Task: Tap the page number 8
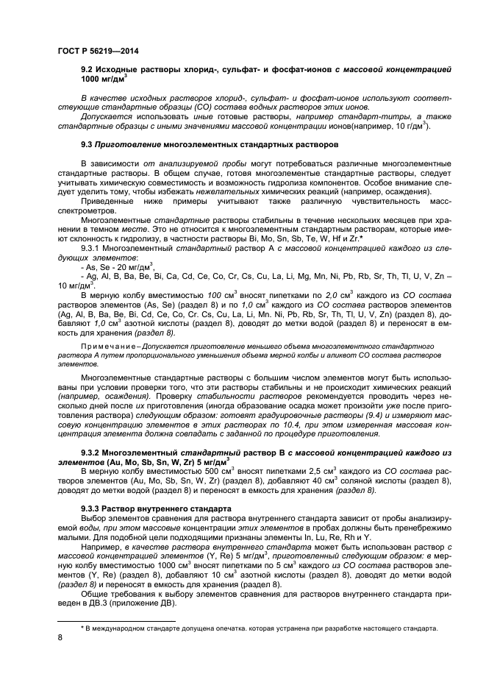click(60, 638)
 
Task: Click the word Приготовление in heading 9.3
click(130, 146)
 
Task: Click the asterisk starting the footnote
click(82, 628)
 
